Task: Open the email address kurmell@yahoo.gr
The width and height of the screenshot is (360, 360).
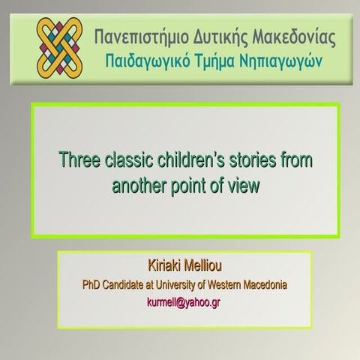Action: (x=184, y=303)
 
